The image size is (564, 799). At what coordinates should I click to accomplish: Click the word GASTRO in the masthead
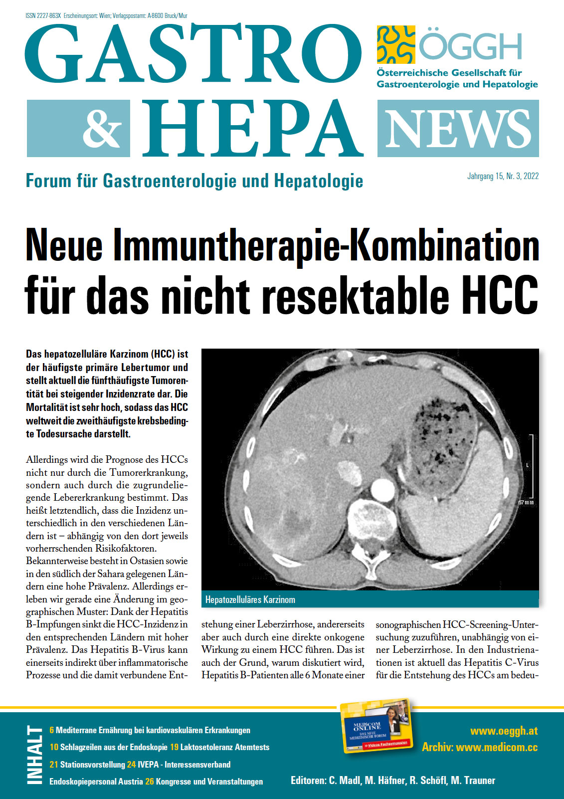coord(193,55)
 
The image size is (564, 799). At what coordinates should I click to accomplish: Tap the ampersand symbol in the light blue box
coord(102,128)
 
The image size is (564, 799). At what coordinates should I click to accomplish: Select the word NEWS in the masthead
coord(458,129)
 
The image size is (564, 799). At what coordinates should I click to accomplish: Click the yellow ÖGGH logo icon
coord(396,45)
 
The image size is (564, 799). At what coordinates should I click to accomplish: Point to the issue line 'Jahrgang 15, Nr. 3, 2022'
coord(503,176)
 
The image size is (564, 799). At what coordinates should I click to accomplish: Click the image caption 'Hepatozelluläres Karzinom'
coord(250,599)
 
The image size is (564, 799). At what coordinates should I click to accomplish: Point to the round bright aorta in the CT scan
coord(382,487)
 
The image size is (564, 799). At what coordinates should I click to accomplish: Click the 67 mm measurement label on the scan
coord(526,502)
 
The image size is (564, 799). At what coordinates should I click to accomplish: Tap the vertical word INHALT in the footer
coord(35,755)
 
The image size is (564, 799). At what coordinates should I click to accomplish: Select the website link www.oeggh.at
coord(504,731)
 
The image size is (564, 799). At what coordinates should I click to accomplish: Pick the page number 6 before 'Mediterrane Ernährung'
coord(52,730)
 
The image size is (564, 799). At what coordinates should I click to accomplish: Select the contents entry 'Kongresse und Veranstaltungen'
coord(209,782)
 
